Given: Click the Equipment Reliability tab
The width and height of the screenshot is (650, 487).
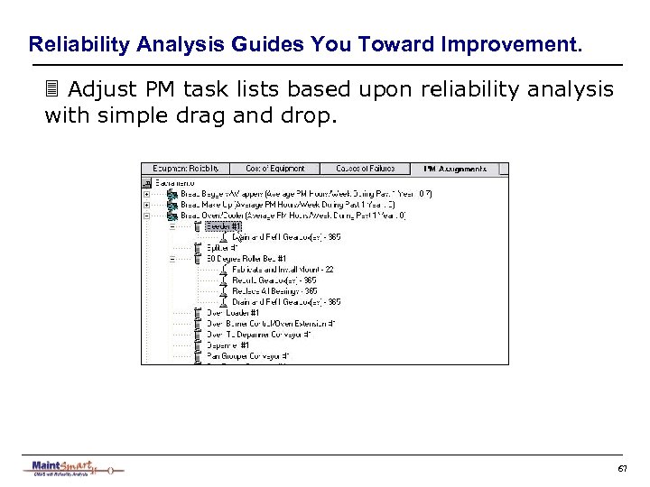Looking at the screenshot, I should click(x=185, y=169).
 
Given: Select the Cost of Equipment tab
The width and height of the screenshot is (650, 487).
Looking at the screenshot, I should click(x=275, y=169).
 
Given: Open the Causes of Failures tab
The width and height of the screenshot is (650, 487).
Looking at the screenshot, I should click(x=366, y=169).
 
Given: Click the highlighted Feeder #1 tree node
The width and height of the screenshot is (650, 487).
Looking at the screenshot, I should click(x=223, y=226).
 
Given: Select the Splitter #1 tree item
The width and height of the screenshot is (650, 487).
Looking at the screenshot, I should click(x=222, y=247).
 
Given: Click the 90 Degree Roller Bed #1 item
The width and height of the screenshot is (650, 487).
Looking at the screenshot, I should click(x=246, y=259).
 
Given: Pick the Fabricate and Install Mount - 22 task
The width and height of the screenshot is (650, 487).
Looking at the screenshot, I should click(x=282, y=270).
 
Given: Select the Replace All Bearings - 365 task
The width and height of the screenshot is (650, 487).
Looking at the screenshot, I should click(x=274, y=291).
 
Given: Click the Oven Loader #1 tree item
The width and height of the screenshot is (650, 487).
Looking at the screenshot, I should click(x=232, y=313).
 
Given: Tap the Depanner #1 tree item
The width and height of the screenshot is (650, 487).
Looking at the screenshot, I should click(x=227, y=345).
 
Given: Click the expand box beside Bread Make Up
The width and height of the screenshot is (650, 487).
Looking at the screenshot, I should click(x=146, y=205).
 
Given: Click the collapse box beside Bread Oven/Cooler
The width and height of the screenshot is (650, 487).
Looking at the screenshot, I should click(x=146, y=216).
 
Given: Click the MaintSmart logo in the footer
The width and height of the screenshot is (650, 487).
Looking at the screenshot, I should click(x=72, y=468).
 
